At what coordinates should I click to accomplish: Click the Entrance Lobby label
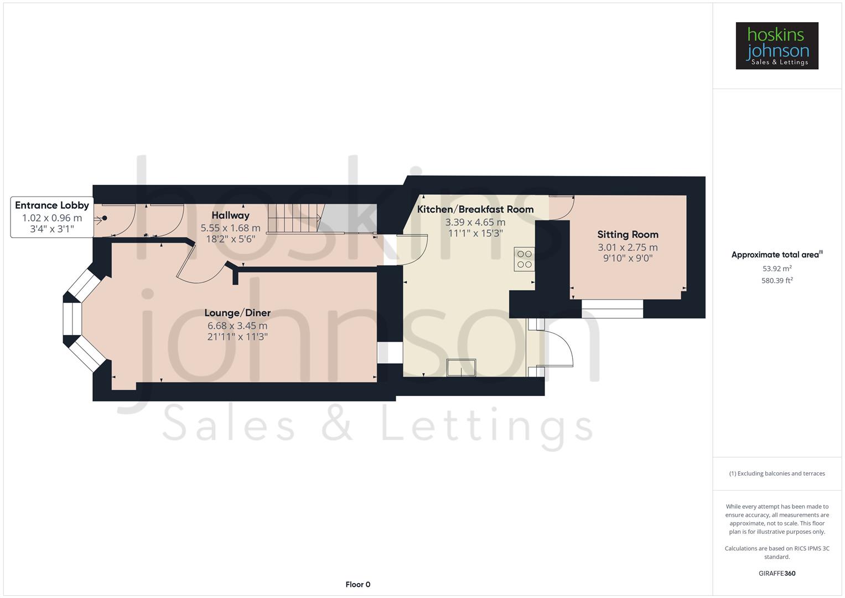(x=52, y=205)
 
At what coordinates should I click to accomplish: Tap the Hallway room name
(x=230, y=215)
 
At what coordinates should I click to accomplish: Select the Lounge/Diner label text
(x=237, y=313)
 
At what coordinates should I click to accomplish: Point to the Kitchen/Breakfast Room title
(x=475, y=209)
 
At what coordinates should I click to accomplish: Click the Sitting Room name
(x=628, y=235)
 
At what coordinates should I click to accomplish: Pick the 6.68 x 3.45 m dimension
(x=237, y=326)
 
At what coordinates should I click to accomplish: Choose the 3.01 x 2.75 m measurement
(x=628, y=248)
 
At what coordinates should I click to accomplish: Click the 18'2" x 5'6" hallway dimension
(x=230, y=239)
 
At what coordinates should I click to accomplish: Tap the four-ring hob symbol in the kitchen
(x=524, y=259)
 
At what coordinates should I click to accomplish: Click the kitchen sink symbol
(x=461, y=368)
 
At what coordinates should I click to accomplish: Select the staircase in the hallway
(x=294, y=218)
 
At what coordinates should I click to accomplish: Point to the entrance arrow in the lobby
(x=100, y=219)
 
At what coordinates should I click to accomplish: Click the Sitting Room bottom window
(x=612, y=308)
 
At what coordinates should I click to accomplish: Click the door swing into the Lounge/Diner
(x=203, y=266)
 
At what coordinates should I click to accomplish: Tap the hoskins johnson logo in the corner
(x=777, y=46)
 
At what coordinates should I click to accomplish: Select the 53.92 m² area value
(x=777, y=269)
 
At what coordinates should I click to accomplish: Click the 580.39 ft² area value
(x=777, y=281)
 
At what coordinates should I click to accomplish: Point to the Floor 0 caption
(x=357, y=584)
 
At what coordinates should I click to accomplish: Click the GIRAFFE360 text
(x=777, y=573)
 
